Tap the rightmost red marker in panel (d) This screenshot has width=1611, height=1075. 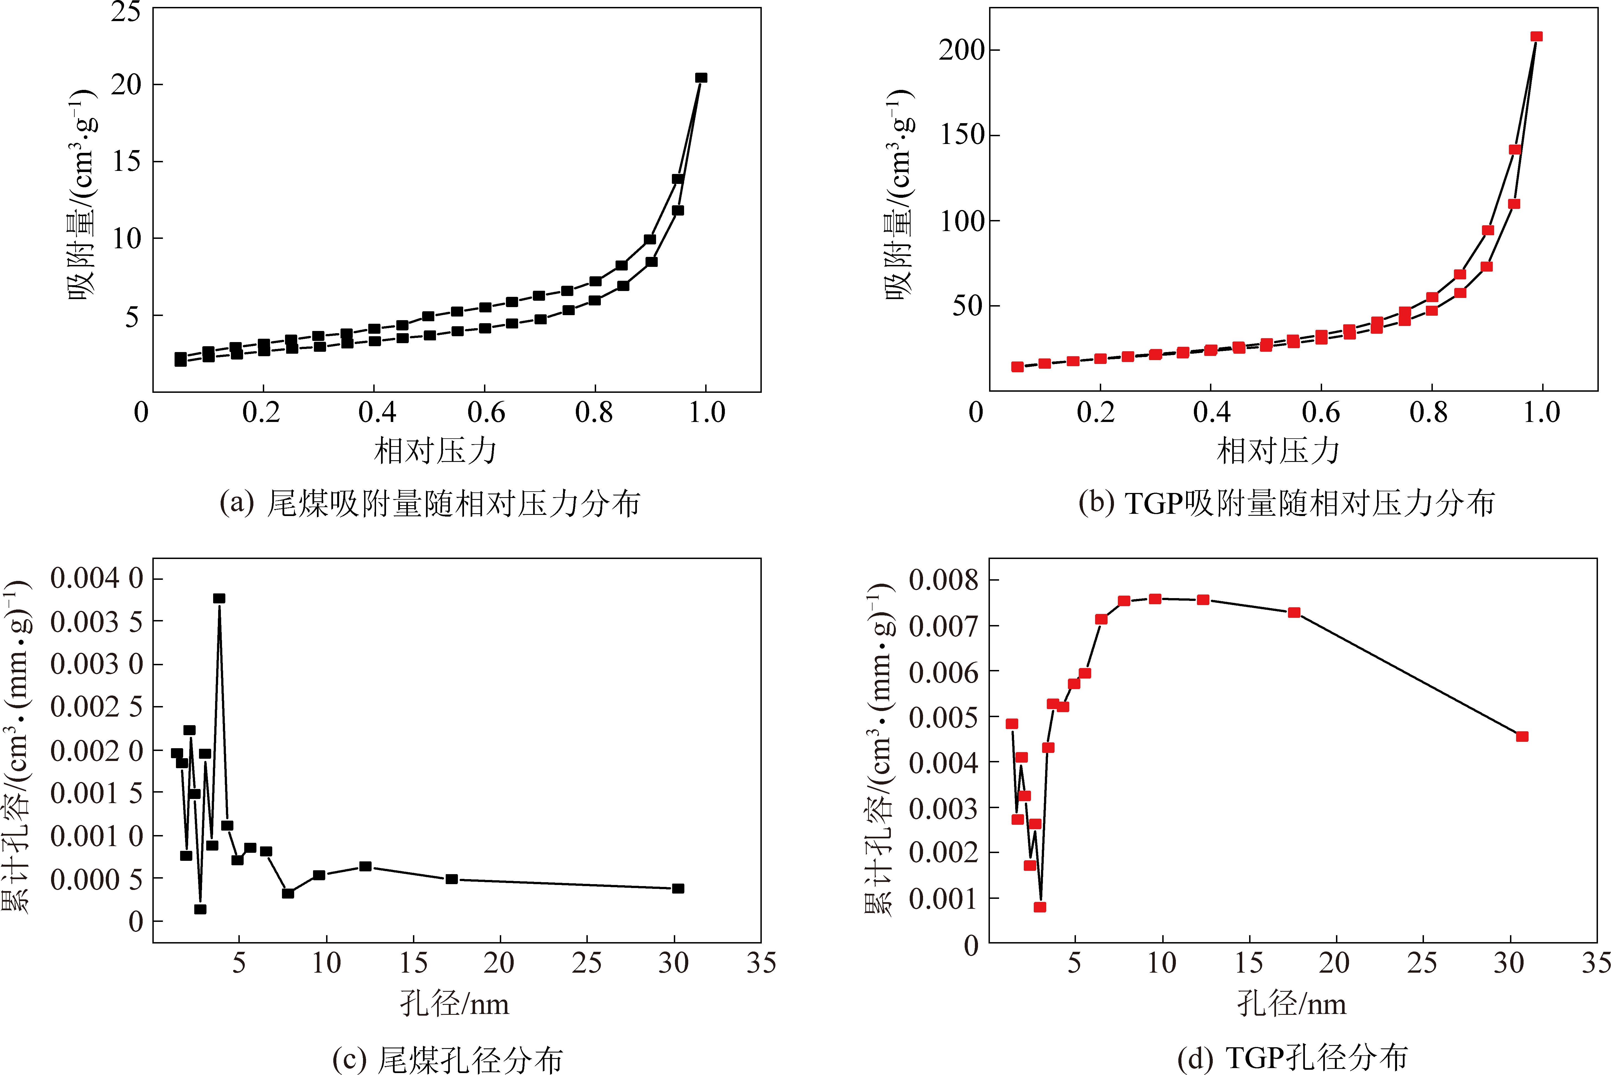coord(1522,736)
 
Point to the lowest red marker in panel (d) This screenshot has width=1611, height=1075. coord(1040,907)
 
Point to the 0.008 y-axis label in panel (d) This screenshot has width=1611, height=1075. coord(943,580)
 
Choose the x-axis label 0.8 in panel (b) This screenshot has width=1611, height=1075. coord(1429,413)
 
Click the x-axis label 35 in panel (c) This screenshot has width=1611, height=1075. coord(761,963)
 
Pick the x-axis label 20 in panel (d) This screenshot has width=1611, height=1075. coord(1335,963)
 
